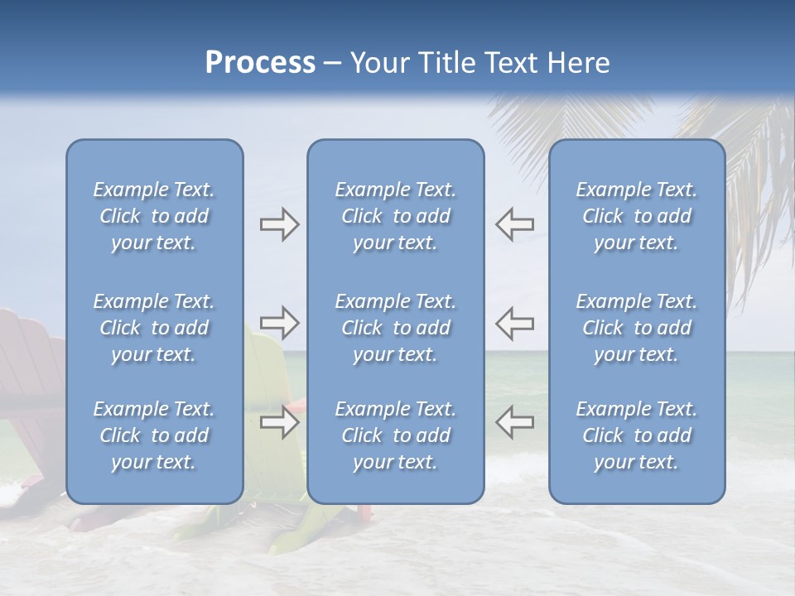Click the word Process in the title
point(260,62)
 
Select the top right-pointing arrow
point(279,224)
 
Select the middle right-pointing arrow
point(279,323)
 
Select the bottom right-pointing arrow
point(279,422)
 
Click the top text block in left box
point(154,216)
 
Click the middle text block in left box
point(154,328)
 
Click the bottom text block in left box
point(154,435)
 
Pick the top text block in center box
point(396,216)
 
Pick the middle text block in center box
point(396,328)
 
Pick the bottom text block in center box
point(396,435)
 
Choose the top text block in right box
point(637,216)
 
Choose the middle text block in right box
point(637,328)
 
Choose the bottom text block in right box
point(637,435)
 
